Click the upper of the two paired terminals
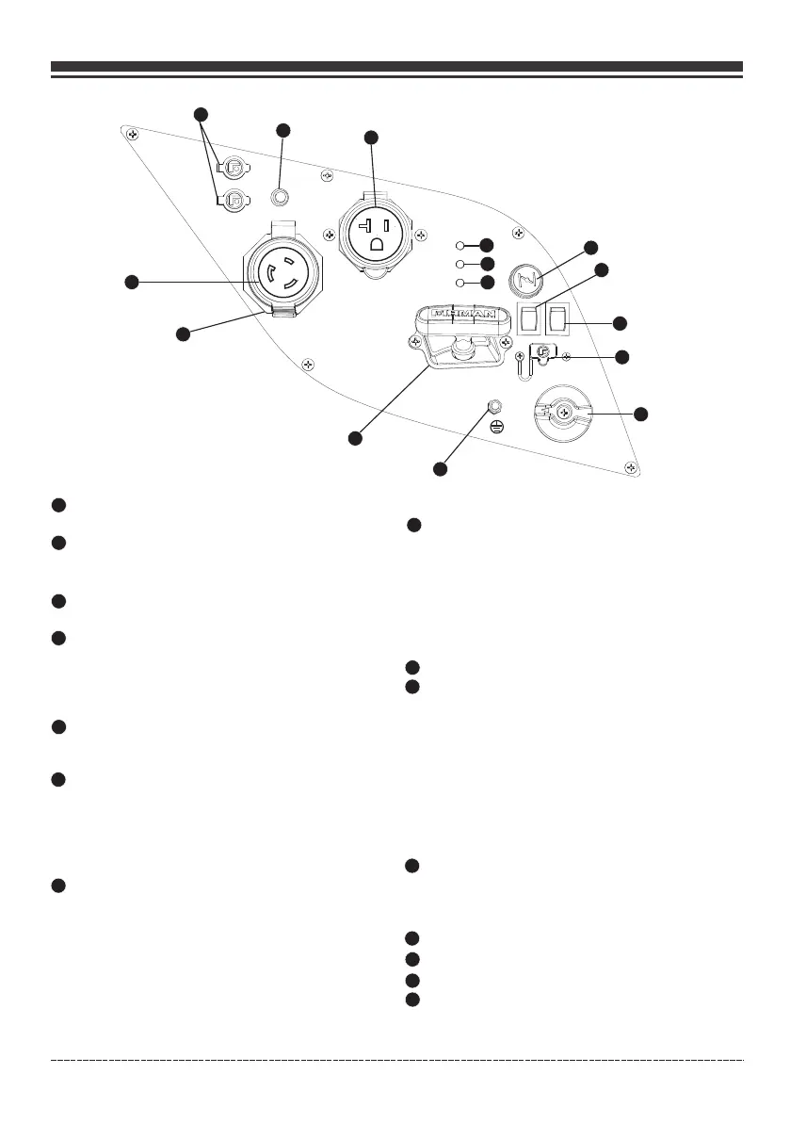click(x=233, y=167)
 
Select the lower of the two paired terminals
click(x=233, y=199)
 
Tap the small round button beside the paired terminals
click(x=280, y=197)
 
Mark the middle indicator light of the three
click(x=459, y=264)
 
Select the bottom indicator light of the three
click(x=459, y=282)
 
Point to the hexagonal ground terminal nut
click(x=492, y=407)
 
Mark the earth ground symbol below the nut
click(x=498, y=427)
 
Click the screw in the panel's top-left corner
click(x=135, y=135)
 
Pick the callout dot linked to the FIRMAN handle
click(x=354, y=437)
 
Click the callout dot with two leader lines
click(x=199, y=114)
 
